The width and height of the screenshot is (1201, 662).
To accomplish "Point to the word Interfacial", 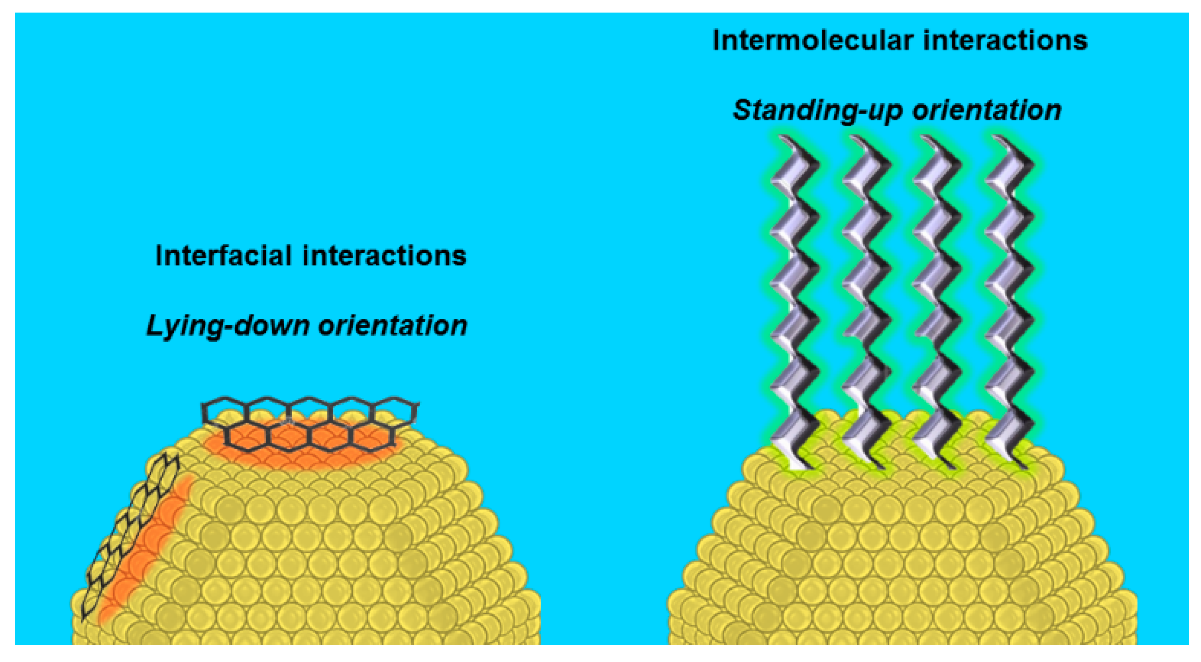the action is [224, 256].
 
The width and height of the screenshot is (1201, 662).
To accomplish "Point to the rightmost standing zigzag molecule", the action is [1009, 303].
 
